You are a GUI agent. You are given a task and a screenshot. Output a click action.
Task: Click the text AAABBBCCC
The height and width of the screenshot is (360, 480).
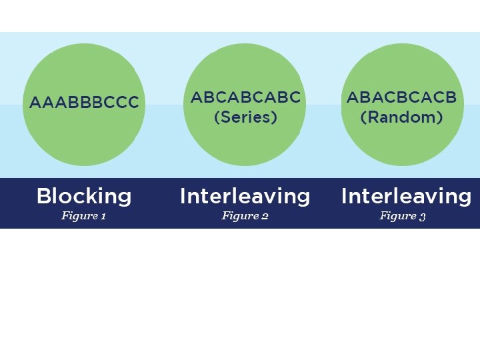84,103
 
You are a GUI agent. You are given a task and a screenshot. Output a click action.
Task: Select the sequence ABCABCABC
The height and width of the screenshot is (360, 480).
245,98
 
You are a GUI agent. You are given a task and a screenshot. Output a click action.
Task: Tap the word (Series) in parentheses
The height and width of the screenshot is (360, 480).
245,117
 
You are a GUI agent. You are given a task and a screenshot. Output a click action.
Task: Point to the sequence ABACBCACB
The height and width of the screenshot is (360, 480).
401,98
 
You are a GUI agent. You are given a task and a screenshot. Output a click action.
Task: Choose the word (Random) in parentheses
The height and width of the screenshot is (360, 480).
401,117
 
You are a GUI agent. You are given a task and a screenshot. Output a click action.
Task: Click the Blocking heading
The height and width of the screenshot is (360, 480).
84,196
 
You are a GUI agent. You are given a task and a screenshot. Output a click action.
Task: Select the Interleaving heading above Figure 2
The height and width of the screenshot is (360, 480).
245,196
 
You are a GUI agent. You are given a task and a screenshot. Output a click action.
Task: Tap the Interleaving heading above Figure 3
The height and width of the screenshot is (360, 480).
406,196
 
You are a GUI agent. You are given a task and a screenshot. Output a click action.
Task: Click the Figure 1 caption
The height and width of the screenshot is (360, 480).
84,216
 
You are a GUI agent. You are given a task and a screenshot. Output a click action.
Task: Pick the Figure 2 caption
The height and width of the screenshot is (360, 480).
245,216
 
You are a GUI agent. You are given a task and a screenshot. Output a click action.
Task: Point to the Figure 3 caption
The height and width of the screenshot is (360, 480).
403,216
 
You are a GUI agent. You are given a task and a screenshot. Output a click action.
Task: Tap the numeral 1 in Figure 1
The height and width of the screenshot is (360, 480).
103,216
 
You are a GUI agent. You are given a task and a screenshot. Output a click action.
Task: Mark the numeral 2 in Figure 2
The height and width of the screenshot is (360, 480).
265,216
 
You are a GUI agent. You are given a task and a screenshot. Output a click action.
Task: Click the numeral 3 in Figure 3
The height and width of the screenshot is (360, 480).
423,217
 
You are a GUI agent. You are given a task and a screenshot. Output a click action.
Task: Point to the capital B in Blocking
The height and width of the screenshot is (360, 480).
43,196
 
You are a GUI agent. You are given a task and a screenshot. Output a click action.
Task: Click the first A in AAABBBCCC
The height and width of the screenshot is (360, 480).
35,103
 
